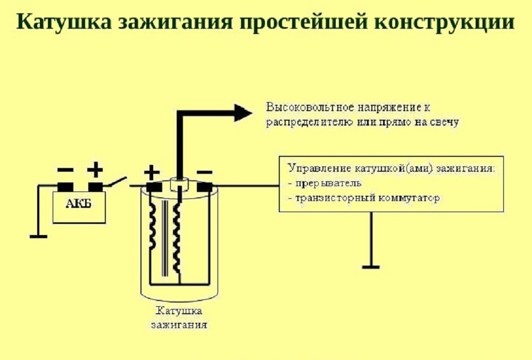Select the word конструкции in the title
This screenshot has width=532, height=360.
point(445,23)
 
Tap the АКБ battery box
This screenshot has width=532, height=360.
point(79,207)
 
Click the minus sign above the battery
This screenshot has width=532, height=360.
point(65,170)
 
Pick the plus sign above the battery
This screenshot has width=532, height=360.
point(95,170)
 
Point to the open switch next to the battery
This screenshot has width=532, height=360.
point(118,182)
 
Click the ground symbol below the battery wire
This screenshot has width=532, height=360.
point(38,236)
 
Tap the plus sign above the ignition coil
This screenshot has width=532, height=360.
point(152,172)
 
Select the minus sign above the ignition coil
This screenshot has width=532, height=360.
point(205,172)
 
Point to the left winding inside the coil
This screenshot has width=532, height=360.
point(152,225)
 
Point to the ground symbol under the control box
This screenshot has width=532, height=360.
point(371,267)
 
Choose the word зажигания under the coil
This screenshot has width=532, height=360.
point(179,325)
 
